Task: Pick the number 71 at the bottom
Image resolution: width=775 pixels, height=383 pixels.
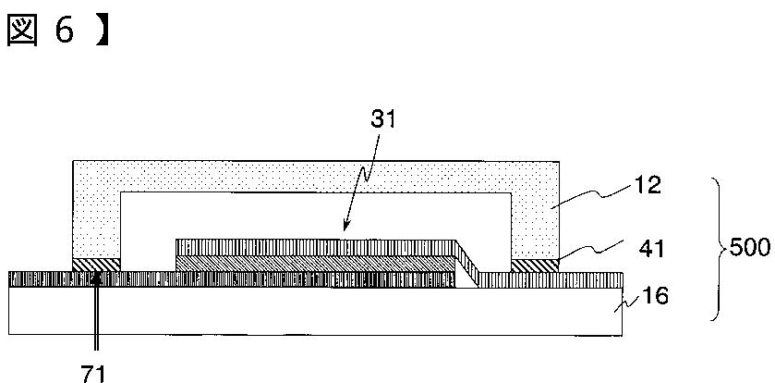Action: (95, 373)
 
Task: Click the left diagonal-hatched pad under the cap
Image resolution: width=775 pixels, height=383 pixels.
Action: (96, 265)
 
